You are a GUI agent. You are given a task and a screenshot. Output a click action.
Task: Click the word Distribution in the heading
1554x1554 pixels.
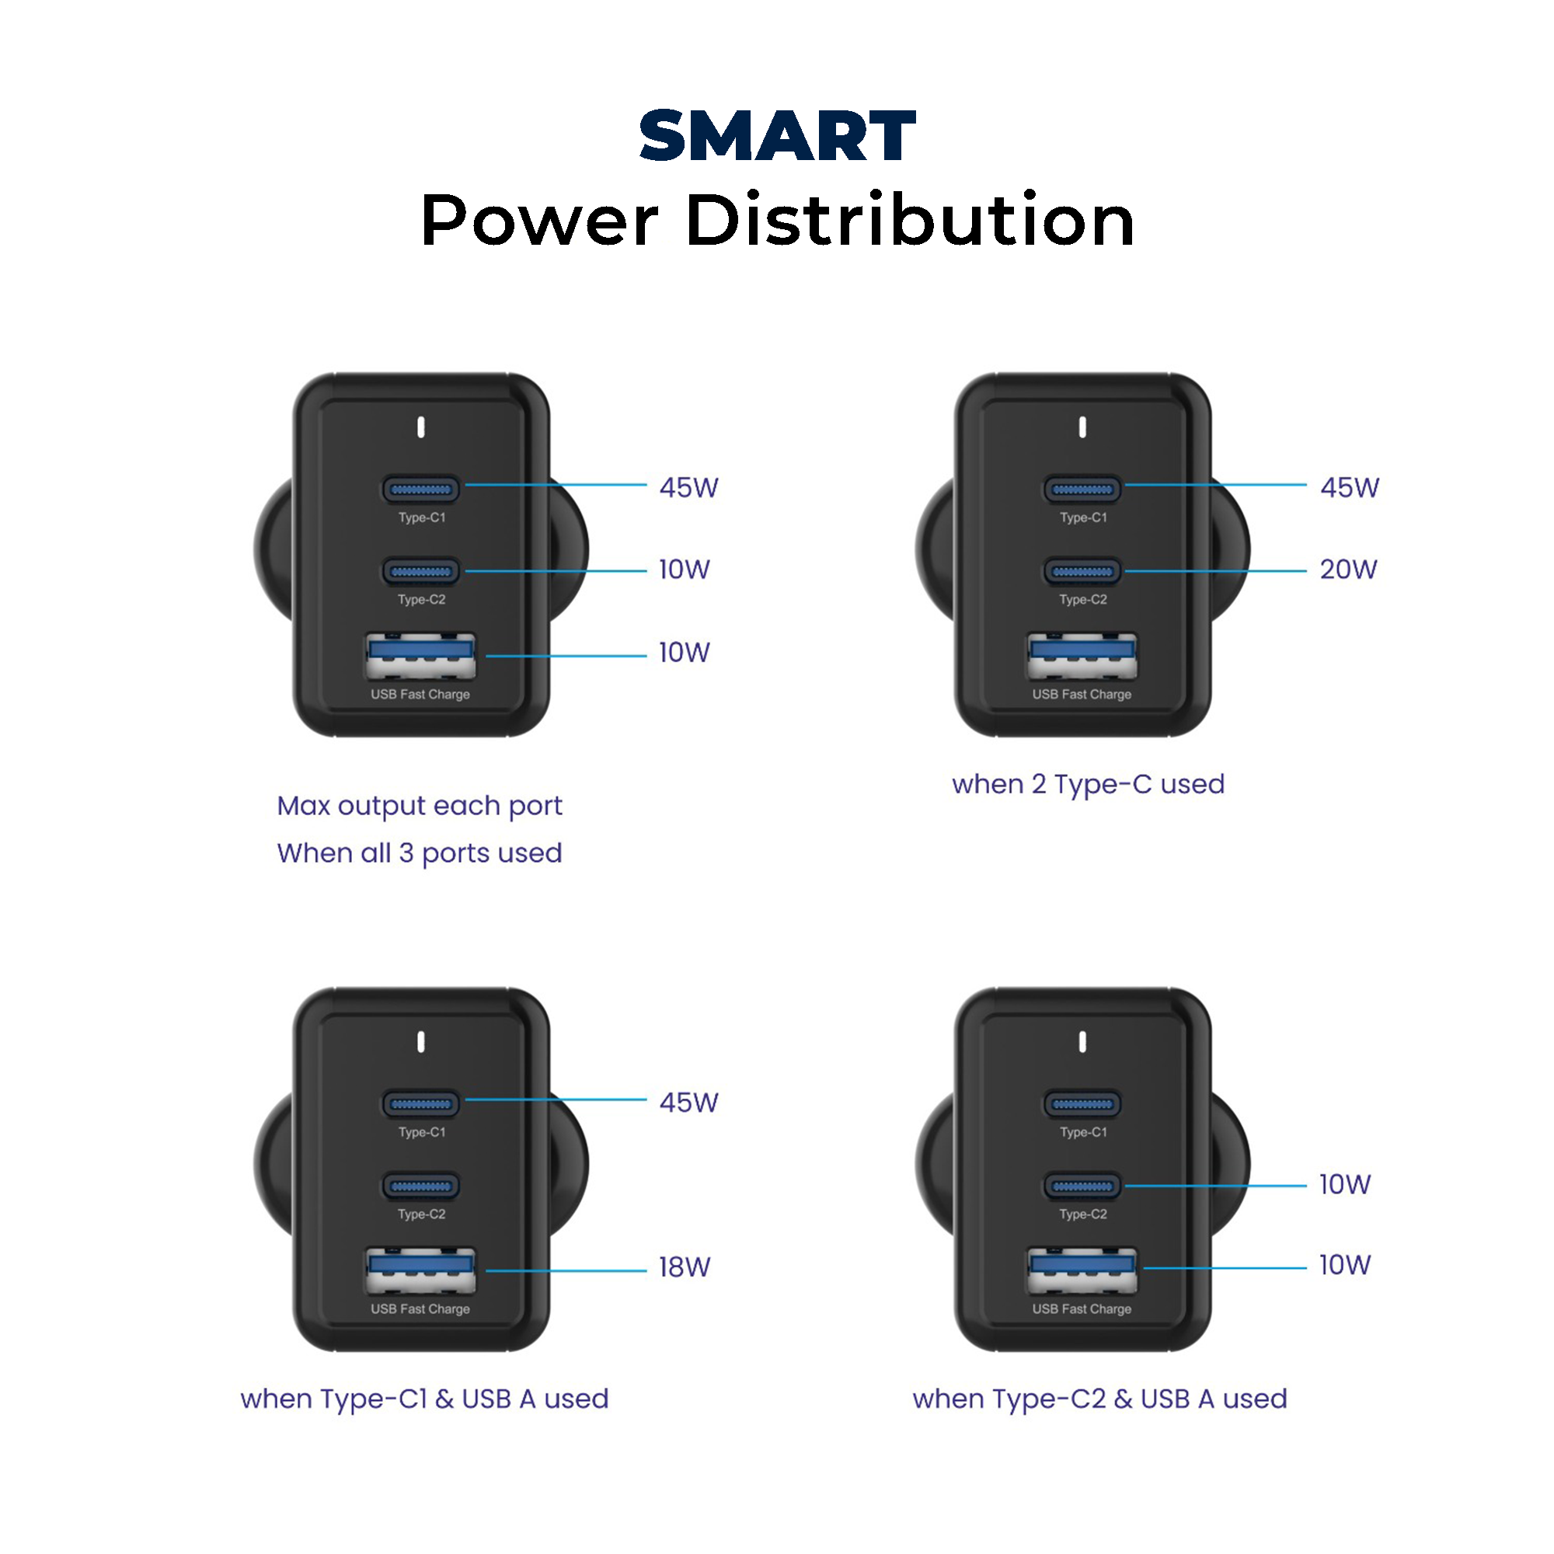pos(910,221)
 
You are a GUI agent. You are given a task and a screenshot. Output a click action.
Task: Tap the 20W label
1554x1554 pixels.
pos(1348,570)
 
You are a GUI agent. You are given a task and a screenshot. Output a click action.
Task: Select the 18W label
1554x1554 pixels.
pos(685,1267)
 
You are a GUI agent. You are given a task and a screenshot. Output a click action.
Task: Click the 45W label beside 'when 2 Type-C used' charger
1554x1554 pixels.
pos(1350,487)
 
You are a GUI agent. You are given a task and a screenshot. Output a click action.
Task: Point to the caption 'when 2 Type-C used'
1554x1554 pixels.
pos(1088,784)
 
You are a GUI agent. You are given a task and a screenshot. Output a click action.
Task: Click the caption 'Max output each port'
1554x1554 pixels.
pos(419,806)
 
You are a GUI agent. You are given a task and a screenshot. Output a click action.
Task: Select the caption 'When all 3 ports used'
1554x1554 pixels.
pos(419,853)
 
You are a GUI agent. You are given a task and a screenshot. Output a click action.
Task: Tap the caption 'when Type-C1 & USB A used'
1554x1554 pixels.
pos(424,1399)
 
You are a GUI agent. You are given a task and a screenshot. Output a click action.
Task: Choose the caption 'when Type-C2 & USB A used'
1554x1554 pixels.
pos(1099,1399)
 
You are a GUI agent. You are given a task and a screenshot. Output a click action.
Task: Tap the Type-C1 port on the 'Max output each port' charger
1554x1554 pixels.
pos(420,489)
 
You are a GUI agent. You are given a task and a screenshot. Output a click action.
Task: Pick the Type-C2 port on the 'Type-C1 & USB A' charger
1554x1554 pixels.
pos(420,1186)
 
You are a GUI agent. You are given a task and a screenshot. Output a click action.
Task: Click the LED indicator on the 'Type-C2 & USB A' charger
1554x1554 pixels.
pos(1082,1043)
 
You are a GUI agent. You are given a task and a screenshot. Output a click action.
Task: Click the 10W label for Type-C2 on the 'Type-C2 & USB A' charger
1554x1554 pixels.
pos(1345,1185)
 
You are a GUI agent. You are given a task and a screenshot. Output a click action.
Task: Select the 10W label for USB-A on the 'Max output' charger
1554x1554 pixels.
pos(685,653)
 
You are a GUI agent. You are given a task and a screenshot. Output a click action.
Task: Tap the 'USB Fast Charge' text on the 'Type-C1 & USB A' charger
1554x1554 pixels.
pos(420,1309)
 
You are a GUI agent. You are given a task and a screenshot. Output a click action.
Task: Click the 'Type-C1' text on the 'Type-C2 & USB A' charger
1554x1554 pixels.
pos(1083,1133)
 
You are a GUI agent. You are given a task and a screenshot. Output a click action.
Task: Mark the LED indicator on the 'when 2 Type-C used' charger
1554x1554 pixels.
pos(1082,427)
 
